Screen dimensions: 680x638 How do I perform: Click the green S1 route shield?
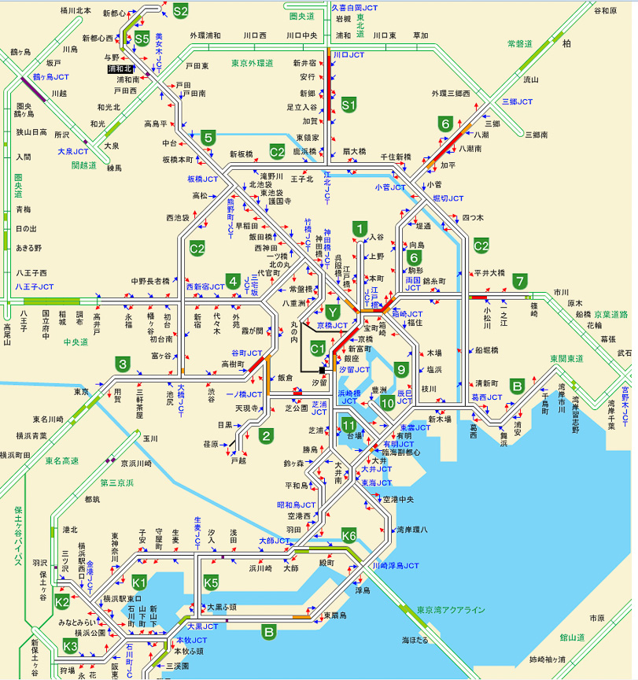(x=349, y=103)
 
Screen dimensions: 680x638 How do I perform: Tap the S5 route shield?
(x=142, y=38)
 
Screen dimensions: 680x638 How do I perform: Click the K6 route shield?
(x=349, y=537)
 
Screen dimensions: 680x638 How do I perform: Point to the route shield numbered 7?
(x=519, y=281)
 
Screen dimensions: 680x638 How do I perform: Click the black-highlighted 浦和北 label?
(x=121, y=69)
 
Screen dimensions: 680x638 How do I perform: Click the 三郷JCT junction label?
(x=517, y=102)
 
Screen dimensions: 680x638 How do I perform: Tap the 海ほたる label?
(x=415, y=640)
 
